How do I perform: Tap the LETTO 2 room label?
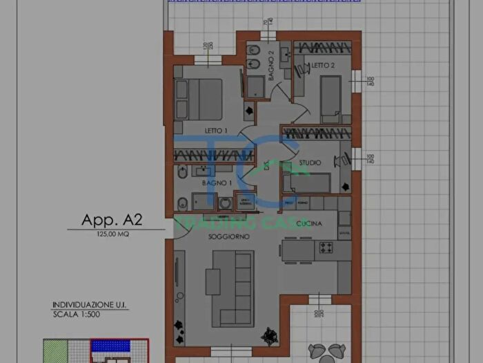tap(322, 65)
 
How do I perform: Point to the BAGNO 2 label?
tap(272, 66)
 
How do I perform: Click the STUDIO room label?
tap(310, 163)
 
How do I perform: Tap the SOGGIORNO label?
tap(229, 236)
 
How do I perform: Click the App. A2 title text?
tap(112, 221)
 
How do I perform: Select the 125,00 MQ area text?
tap(112, 235)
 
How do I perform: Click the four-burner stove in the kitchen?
tap(325, 248)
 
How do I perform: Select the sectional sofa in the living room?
tap(235, 287)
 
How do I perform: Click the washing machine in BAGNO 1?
tap(226, 203)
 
